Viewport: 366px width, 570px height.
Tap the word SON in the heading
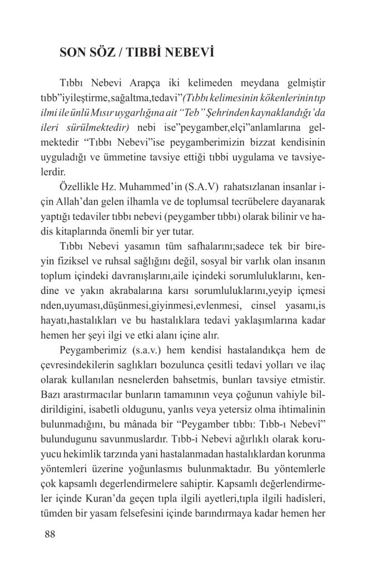[72, 55]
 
